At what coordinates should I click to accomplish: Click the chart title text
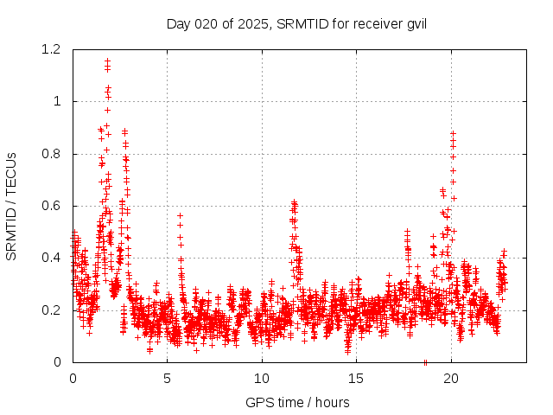[296, 23]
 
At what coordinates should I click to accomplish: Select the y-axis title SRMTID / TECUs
[12, 205]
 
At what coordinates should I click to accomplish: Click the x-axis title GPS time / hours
[297, 402]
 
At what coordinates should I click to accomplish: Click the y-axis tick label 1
[57, 102]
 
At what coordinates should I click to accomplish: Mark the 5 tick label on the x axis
[167, 378]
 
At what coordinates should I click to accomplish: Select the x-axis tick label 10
[262, 378]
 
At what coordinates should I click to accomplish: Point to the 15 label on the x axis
[357, 378]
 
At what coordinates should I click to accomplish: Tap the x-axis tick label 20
[451, 378]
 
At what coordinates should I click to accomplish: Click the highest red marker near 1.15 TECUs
[107, 61]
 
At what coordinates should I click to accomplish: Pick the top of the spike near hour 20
[453, 132]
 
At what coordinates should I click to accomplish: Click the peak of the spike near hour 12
[295, 202]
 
